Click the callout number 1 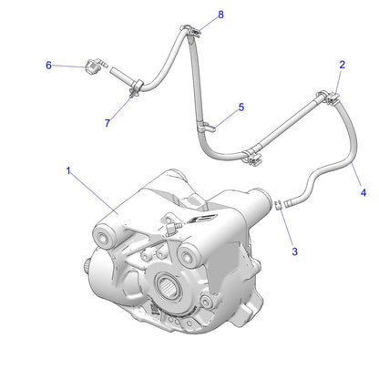click(68, 169)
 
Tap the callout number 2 click(342, 65)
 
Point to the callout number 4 click(364, 193)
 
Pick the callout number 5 click(241, 108)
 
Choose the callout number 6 click(49, 65)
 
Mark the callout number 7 click(108, 122)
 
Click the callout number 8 click(220, 15)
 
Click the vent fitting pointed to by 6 click(91, 66)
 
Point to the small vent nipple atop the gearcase click(169, 220)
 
